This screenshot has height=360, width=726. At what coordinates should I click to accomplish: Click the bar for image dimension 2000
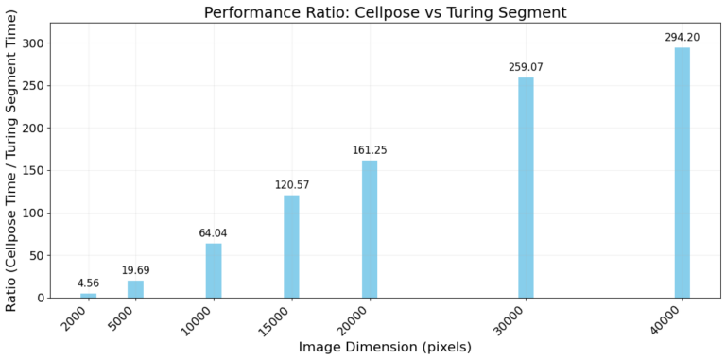[x=88, y=295]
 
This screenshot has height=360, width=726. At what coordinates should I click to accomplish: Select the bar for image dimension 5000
[x=135, y=289]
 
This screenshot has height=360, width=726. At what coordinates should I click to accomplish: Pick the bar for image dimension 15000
[x=291, y=247]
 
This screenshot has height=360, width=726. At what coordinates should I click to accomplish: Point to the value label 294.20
[x=682, y=37]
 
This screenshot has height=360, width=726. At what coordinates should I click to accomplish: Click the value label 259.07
[x=526, y=67]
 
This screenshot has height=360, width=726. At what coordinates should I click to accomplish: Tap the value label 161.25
[x=370, y=150]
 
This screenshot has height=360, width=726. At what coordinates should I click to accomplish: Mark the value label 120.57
[x=291, y=185]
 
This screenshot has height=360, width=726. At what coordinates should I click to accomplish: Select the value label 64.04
[x=214, y=233]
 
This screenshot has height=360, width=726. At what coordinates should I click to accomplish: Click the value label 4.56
[x=88, y=283]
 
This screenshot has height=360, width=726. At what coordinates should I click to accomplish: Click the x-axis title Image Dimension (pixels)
[x=385, y=347]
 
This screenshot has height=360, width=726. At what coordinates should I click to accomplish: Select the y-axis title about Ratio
[x=12, y=160]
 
